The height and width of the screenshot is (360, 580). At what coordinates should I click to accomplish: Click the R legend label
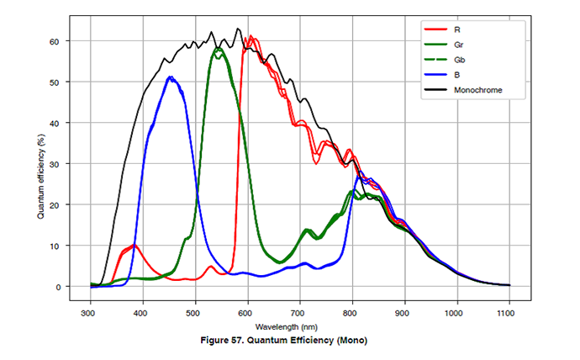click(x=456, y=29)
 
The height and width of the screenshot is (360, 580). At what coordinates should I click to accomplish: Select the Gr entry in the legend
click(x=458, y=45)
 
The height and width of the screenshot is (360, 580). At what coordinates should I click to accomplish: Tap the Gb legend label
click(x=459, y=60)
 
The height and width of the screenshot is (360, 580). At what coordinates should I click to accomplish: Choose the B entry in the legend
click(x=456, y=75)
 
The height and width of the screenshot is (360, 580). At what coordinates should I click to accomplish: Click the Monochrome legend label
click(x=478, y=90)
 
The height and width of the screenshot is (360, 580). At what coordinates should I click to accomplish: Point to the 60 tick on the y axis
click(x=54, y=41)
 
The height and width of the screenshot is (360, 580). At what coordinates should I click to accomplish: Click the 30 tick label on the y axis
click(x=54, y=164)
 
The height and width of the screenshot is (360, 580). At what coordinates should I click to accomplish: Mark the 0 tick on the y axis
click(x=58, y=287)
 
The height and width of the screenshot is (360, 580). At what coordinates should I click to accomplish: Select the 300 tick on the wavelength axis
click(x=88, y=314)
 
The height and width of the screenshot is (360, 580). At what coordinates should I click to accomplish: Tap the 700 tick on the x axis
click(x=298, y=314)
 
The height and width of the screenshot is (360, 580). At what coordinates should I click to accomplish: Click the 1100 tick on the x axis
click(x=506, y=314)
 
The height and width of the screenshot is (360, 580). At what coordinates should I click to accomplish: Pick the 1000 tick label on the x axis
click(x=454, y=314)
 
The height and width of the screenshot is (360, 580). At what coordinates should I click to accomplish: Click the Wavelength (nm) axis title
click(x=287, y=327)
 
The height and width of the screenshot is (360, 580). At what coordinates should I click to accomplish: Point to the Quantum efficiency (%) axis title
click(x=40, y=177)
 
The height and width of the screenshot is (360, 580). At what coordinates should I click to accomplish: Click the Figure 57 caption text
click(x=284, y=341)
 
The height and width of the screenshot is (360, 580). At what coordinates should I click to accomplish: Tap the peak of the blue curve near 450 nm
click(x=170, y=77)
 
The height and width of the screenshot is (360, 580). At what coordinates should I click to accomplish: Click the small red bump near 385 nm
click(x=134, y=245)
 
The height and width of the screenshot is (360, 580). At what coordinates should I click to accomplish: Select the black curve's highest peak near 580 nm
click(x=238, y=29)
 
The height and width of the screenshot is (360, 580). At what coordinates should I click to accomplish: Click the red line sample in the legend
click(x=435, y=29)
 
